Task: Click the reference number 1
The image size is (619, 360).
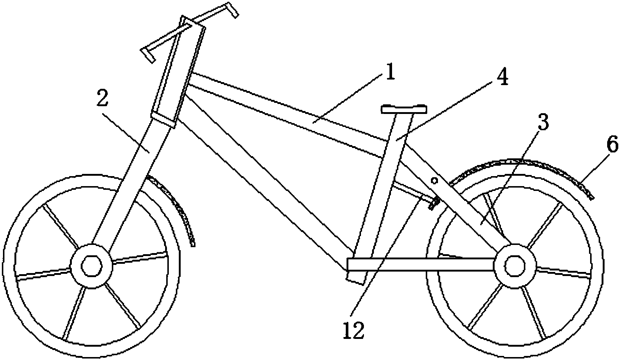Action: pyautogui.click(x=390, y=72)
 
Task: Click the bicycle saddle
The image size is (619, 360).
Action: pyautogui.click(x=404, y=109)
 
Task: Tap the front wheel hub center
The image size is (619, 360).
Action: pyautogui.click(x=92, y=266)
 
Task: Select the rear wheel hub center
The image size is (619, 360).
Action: pyautogui.click(x=515, y=266)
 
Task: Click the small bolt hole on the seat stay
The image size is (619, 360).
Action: pyautogui.click(x=434, y=181)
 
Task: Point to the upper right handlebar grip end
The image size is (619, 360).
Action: pyautogui.click(x=232, y=10)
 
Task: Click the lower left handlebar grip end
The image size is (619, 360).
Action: pyautogui.click(x=148, y=55)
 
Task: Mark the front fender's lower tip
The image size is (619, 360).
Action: pyautogui.click(x=193, y=244)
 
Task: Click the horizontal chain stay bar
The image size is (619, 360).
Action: pyautogui.click(x=421, y=264)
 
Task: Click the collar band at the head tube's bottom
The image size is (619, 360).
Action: pyautogui.click(x=163, y=120)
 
